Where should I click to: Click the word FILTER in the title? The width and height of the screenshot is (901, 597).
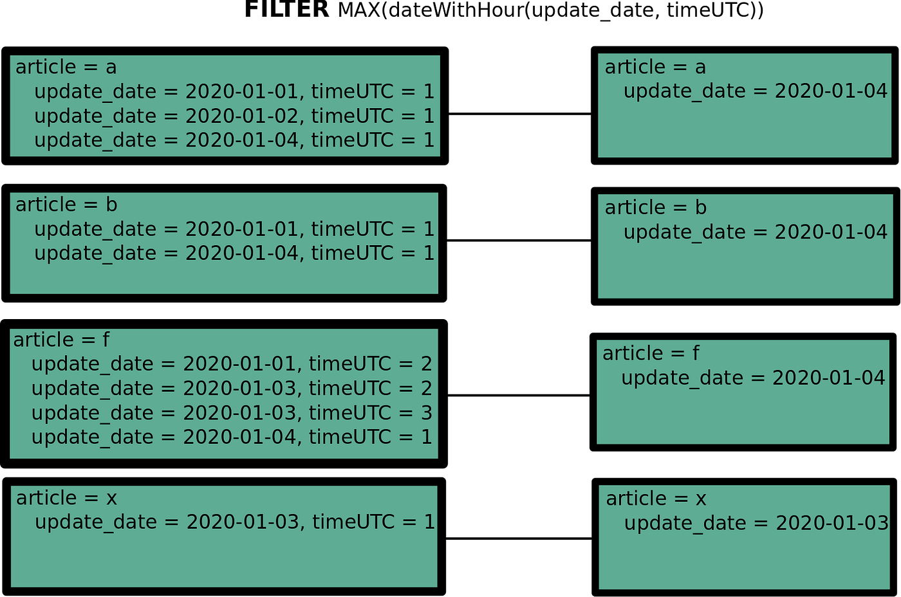[x=286, y=10]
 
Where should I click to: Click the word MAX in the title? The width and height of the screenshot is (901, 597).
[x=359, y=10]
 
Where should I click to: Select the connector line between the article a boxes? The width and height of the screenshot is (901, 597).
[x=519, y=114]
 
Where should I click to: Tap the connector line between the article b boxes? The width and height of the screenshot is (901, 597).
[x=519, y=241]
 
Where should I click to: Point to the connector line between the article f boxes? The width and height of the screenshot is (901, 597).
[x=519, y=395]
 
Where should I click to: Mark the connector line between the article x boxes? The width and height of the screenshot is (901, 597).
[x=519, y=538]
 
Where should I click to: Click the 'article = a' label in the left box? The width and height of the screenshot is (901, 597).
[x=66, y=67]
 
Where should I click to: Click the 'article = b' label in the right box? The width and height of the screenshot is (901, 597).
[x=655, y=208]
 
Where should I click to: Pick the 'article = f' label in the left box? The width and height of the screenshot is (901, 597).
[x=61, y=340]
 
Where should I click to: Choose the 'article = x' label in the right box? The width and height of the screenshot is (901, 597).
[x=656, y=499]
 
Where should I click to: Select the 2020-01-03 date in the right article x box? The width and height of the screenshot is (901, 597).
[x=832, y=523]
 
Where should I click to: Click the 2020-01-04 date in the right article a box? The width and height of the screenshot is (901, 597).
[x=831, y=91]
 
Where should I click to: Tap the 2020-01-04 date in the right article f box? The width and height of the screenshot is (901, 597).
[x=829, y=378]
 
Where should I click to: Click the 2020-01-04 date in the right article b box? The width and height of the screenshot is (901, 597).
[x=831, y=232]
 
